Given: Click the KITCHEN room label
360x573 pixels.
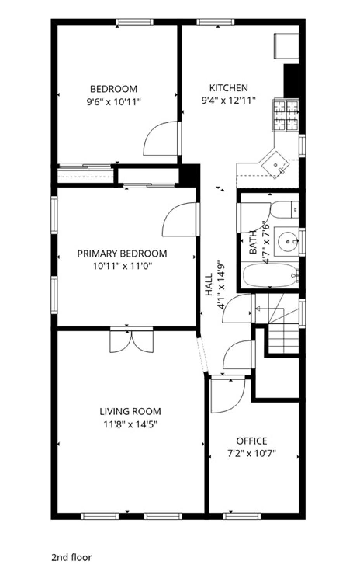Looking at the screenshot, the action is (228, 88).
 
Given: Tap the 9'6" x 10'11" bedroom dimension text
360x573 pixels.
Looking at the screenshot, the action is (114, 102).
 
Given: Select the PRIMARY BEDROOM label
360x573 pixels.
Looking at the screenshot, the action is (122, 254).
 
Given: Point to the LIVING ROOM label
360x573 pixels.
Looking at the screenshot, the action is (130, 412).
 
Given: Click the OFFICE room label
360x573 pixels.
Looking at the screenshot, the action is (252, 441).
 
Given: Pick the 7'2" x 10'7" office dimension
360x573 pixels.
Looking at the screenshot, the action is (252, 454).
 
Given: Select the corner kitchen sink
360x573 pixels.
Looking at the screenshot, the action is (275, 165).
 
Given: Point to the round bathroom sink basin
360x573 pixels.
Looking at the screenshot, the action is (287, 241).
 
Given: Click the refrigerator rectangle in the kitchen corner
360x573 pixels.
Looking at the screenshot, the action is (286, 46).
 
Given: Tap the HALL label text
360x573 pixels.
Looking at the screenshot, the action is (209, 285).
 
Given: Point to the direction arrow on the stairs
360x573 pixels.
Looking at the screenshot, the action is (270, 309).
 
